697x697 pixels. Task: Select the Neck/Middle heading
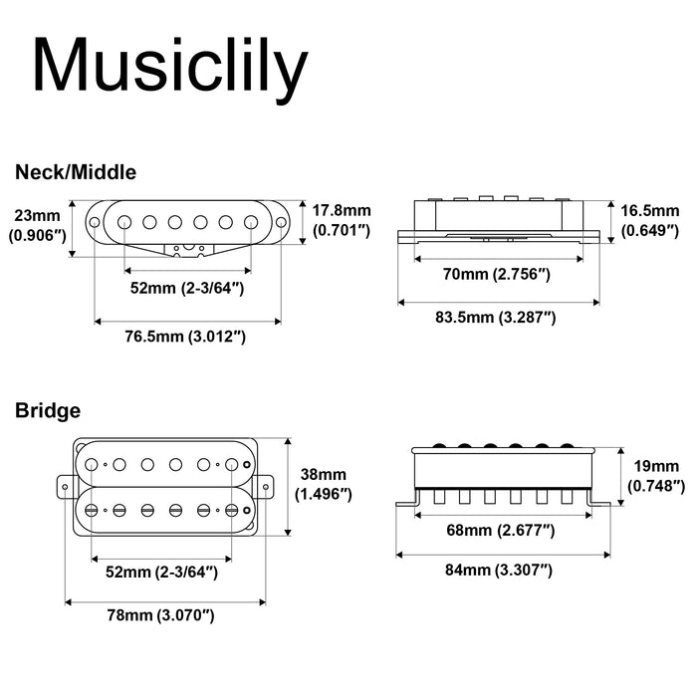coord(76,171)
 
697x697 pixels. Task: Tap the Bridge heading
coord(48,409)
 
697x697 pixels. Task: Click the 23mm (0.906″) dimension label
coord(37,225)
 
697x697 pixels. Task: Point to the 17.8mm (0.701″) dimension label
coord(342,220)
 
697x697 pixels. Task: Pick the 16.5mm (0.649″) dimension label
coord(650,220)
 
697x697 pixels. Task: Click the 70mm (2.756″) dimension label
coord(497,273)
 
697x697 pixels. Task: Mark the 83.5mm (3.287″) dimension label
coord(496,318)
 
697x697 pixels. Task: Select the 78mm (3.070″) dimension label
coord(166,615)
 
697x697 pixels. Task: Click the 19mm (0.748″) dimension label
coord(657,475)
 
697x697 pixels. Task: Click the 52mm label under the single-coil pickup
coord(186,289)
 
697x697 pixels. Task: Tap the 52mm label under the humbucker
coord(160,572)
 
